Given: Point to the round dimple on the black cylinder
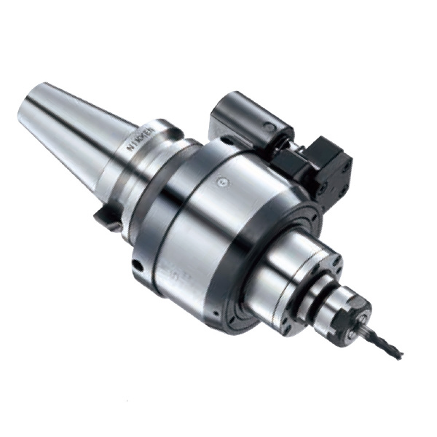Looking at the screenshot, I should pyautogui.click(x=271, y=127).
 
